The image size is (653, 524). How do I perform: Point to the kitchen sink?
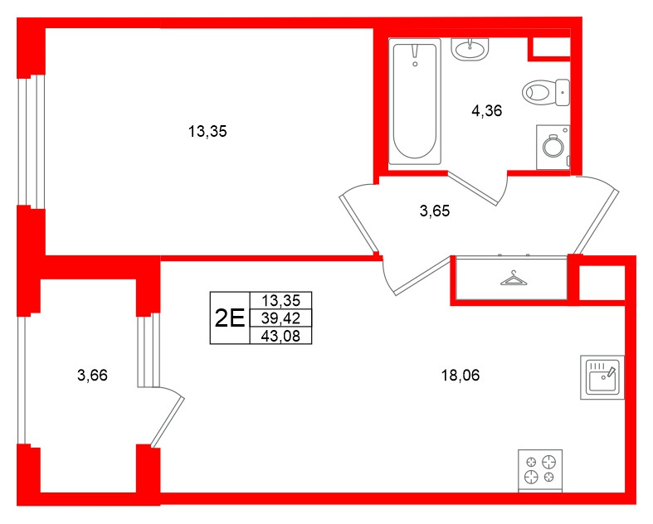(x=601, y=376)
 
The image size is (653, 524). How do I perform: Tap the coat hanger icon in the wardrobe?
(x=514, y=279)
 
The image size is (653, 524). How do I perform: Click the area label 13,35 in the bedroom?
(x=207, y=130)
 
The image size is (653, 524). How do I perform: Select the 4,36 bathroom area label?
(x=486, y=110)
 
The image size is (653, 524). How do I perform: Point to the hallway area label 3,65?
(x=434, y=211)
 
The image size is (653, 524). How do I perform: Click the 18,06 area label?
(x=461, y=375)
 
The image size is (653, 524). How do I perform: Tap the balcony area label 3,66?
(x=92, y=376)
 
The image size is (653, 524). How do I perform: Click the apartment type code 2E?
(x=228, y=318)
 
